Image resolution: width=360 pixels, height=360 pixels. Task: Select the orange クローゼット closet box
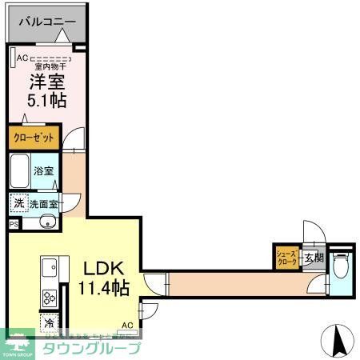33,138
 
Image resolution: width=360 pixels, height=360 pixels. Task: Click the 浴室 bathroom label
44,170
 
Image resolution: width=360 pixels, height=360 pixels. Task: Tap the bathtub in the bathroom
21,170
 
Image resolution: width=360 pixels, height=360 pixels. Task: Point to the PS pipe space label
13,225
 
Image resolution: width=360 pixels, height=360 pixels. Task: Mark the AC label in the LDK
126,326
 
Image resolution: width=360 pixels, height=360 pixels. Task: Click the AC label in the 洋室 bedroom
22,58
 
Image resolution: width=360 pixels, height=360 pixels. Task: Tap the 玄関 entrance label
313,258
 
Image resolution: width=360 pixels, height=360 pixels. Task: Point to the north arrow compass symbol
337,341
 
